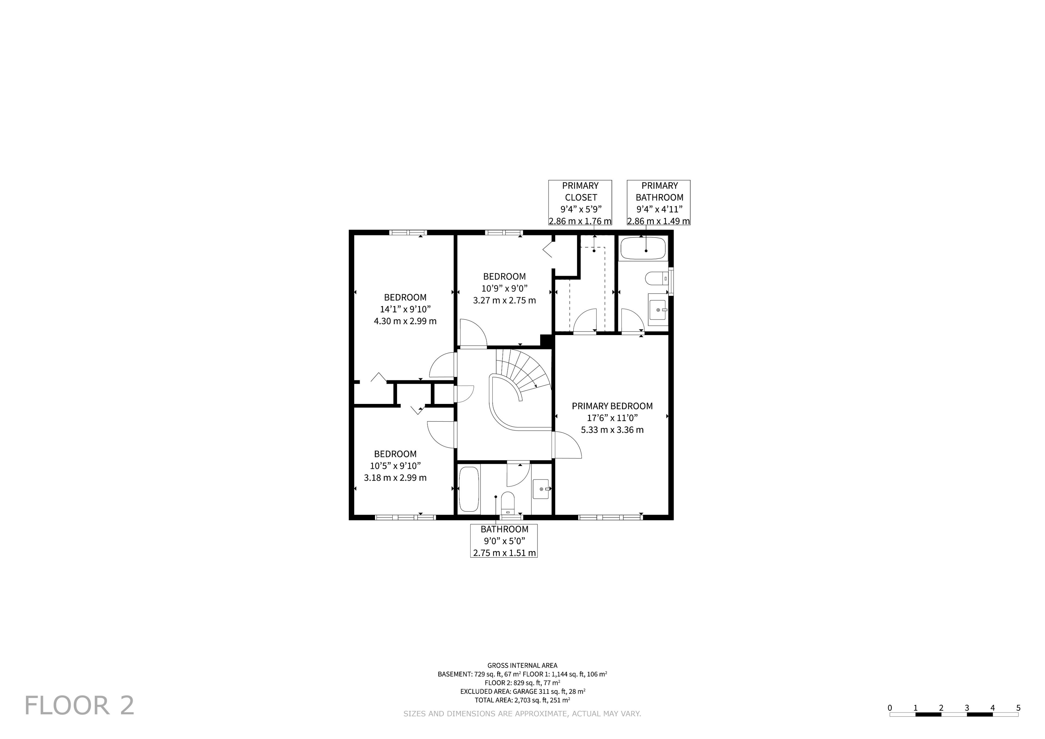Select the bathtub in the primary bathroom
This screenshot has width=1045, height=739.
tap(643, 249)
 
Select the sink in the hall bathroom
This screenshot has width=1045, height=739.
tap(541, 489)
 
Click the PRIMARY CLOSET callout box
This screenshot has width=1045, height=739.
tap(580, 203)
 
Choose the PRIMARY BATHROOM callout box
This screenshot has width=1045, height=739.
tap(659, 203)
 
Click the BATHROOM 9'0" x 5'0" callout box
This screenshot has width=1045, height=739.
tap(504, 541)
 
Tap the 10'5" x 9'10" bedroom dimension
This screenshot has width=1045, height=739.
tap(395, 466)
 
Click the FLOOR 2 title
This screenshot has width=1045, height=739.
tap(79, 706)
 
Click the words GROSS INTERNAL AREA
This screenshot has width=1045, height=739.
tap(522, 665)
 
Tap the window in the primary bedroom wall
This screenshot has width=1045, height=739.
tap(610, 517)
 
